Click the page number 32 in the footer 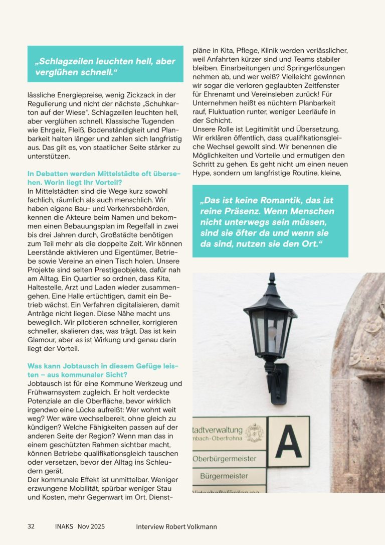coord(31,526)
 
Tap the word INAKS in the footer coord(64,526)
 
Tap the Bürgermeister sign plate coord(224,475)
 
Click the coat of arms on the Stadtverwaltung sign coord(255,432)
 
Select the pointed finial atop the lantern coord(272,279)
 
